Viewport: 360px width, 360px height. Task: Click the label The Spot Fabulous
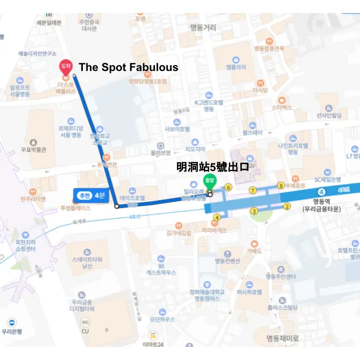[x=128, y=67]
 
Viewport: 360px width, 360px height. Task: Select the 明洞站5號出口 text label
[x=212, y=167]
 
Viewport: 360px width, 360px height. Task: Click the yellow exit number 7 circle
[x=253, y=190]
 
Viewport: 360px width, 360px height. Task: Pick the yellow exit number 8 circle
[x=281, y=186]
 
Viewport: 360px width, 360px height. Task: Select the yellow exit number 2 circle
[x=287, y=207]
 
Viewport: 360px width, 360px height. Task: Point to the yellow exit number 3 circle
[x=254, y=210]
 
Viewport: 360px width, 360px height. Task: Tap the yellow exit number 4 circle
[x=217, y=218]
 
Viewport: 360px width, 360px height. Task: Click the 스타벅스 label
[x=282, y=107]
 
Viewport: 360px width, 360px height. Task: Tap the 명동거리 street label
[x=203, y=27]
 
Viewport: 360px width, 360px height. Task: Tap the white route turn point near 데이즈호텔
[x=117, y=206]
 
